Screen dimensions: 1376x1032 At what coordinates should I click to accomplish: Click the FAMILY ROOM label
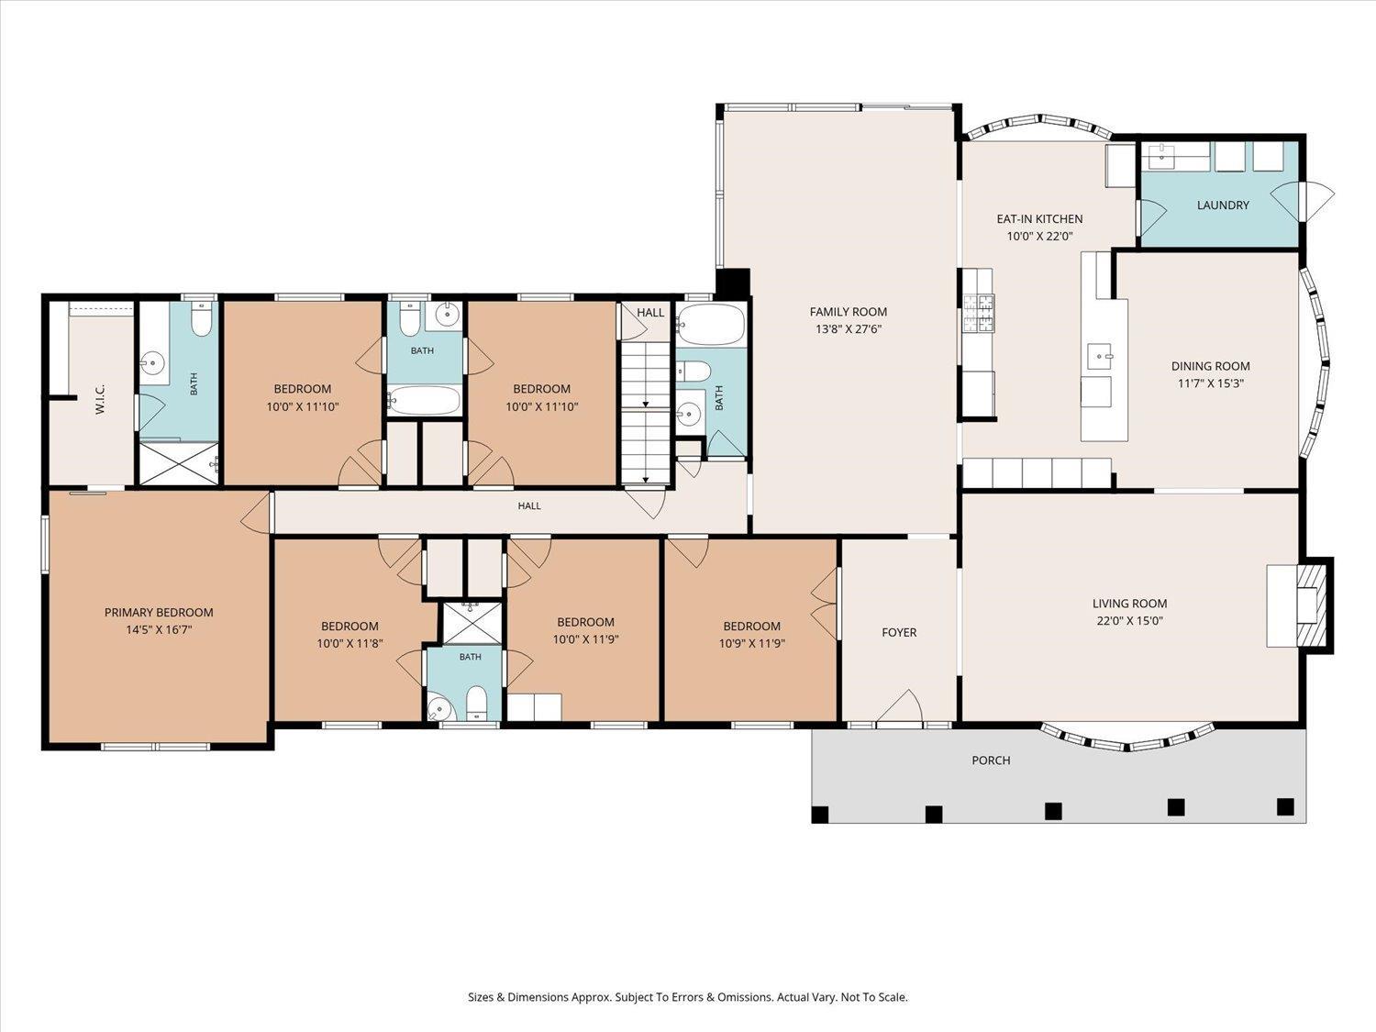(849, 311)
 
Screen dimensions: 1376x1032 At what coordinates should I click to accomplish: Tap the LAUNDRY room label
(1223, 205)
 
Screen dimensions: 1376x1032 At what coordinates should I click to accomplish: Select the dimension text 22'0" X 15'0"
(1129, 621)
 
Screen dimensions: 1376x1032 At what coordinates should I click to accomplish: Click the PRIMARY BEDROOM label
(159, 612)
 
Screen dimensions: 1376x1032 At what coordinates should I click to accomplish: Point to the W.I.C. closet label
(100, 399)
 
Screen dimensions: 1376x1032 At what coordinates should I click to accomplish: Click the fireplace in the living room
(1307, 606)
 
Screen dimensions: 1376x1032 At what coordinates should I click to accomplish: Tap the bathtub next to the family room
(711, 325)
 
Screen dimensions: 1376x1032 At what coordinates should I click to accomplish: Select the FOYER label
(899, 632)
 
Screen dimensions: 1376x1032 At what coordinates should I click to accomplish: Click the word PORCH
(991, 760)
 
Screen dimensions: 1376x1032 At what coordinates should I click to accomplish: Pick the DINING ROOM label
(1211, 366)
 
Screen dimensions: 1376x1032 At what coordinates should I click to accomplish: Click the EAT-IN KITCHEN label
(1039, 218)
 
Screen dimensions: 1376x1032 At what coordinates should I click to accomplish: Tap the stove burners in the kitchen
(978, 314)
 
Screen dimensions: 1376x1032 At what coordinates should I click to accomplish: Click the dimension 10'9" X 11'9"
(751, 643)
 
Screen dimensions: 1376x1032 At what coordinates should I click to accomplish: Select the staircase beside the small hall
(646, 413)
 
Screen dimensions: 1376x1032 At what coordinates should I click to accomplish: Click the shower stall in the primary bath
(179, 463)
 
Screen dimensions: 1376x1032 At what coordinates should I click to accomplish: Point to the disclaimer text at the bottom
(688, 996)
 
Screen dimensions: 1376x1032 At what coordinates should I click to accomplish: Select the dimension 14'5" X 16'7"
(159, 629)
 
